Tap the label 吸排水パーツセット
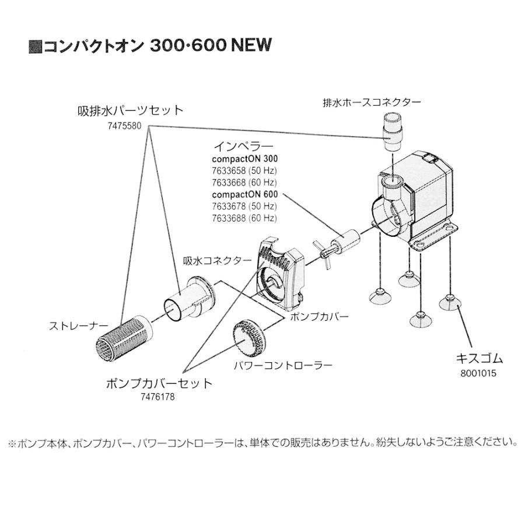pyautogui.click(x=131, y=111)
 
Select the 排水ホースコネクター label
pyautogui.click(x=372, y=102)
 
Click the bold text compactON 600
pyautogui.click(x=244, y=194)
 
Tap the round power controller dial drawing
pyautogui.click(x=251, y=337)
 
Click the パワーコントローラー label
pyautogui.click(x=282, y=366)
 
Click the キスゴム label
pyautogui.click(x=478, y=358)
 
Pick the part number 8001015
pyautogui.click(x=478, y=374)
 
